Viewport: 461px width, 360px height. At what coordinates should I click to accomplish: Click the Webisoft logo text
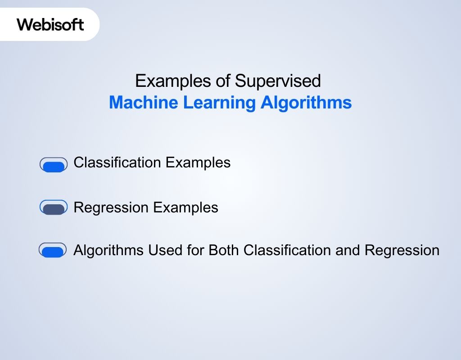point(50,24)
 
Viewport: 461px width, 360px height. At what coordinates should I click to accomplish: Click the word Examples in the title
point(167,81)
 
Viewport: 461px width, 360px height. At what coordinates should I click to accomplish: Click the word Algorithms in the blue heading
point(306,103)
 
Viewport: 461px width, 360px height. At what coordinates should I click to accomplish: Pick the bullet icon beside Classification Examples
point(54,165)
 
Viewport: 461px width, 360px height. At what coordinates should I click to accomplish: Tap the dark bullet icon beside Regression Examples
point(54,208)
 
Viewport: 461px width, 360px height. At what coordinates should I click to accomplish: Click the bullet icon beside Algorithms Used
point(53,251)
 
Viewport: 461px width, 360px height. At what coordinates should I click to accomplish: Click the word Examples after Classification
point(198,163)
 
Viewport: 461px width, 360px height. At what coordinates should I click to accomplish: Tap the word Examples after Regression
point(185,208)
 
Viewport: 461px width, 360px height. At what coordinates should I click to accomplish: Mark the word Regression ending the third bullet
point(402,251)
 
